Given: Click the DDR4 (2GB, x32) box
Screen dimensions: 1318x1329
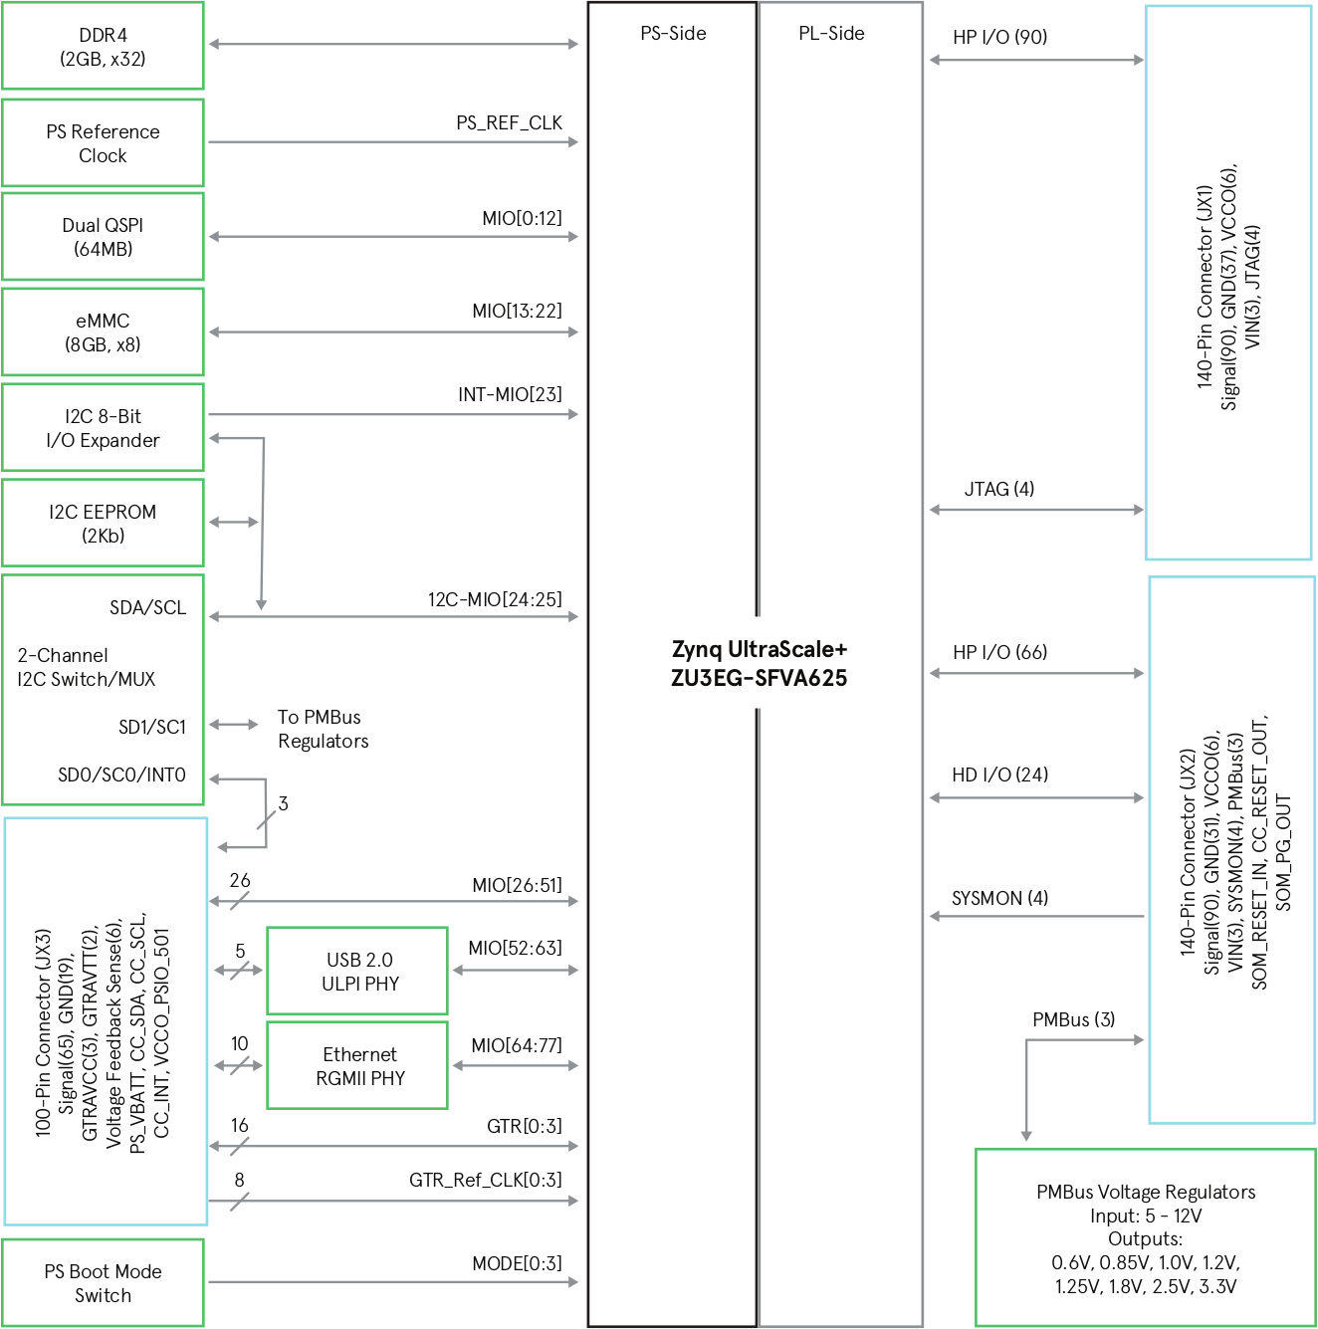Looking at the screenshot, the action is (x=103, y=46).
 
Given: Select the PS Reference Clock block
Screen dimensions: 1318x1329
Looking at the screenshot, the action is (x=103, y=142).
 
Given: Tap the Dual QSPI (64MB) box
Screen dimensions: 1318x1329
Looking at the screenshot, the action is (x=103, y=237).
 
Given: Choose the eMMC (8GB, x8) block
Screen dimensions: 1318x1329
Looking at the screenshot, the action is (x=103, y=332).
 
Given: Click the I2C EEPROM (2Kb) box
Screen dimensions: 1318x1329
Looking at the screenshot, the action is (x=103, y=523).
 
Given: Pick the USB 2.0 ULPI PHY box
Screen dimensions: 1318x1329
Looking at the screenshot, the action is (x=357, y=971).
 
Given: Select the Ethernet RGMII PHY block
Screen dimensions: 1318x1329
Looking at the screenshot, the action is (x=357, y=1065).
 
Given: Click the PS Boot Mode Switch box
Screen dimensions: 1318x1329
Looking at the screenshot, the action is (x=103, y=1283).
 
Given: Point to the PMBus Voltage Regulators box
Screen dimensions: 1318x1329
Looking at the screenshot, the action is (x=1146, y=1237).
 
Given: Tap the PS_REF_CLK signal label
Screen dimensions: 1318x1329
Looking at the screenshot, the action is (x=509, y=122).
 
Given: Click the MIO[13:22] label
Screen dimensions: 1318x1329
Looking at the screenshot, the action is (x=518, y=311).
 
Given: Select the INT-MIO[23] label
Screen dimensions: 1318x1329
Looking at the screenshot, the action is (x=511, y=394).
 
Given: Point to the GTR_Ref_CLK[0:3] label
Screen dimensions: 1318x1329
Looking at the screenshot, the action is (x=486, y=1180).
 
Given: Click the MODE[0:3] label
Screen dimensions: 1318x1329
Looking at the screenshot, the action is (x=518, y=1263).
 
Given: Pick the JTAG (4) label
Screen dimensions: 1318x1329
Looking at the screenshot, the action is (x=999, y=489).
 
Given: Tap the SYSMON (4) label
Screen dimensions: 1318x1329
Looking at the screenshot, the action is (x=1000, y=898).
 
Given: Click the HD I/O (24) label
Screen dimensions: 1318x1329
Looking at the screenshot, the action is (x=1000, y=775).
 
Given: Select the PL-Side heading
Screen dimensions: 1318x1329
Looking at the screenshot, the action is (x=832, y=33).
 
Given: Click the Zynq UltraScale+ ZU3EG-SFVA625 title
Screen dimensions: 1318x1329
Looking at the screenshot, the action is (x=759, y=663).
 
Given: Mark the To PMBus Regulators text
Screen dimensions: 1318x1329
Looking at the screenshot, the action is (x=324, y=729).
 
